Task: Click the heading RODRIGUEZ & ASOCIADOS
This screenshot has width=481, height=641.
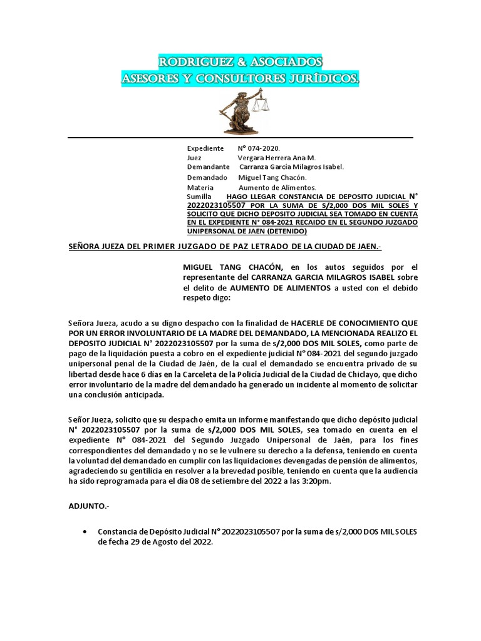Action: [x=240, y=62]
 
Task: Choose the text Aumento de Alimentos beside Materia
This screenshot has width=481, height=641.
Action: [x=277, y=187]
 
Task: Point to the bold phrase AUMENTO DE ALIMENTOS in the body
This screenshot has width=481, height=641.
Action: [x=281, y=287]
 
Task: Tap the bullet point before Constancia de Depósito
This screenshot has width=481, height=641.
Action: [x=85, y=531]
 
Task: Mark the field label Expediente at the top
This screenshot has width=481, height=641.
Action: [x=205, y=148]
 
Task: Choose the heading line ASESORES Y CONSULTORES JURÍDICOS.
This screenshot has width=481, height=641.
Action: [x=240, y=79]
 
